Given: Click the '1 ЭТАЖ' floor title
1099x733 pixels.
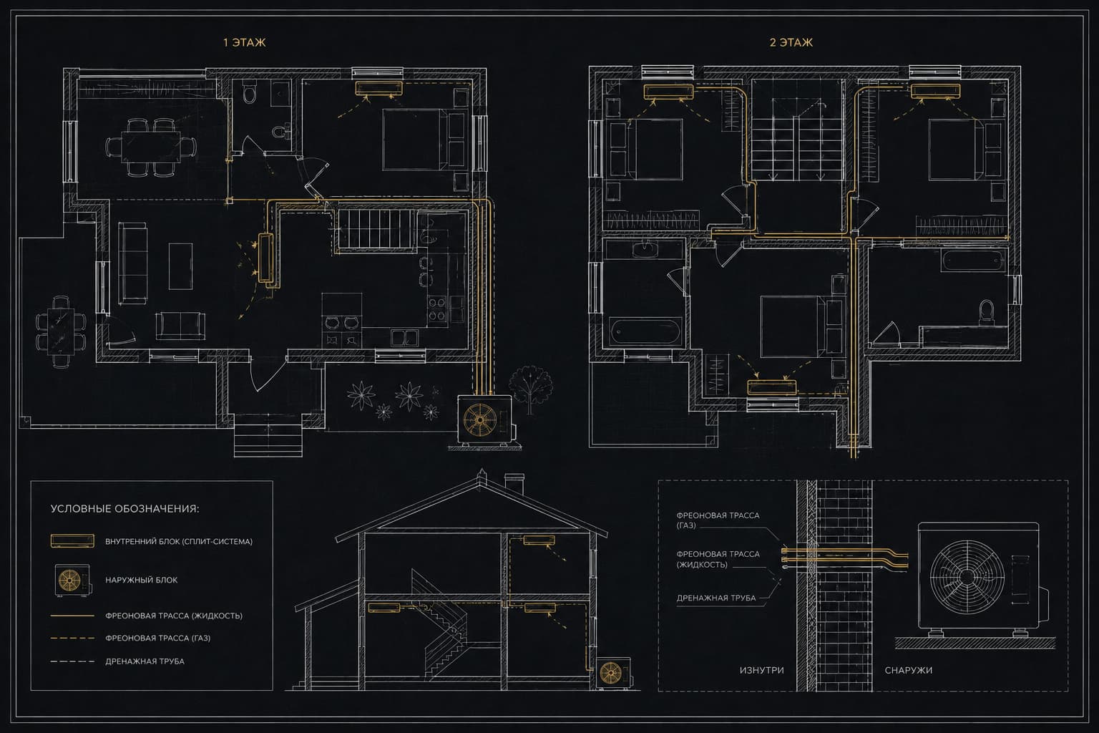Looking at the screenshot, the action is [244, 43].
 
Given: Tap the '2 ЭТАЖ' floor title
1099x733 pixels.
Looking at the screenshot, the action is [791, 43].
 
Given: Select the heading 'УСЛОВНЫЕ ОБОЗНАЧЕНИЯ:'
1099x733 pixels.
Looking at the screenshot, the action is [125, 509].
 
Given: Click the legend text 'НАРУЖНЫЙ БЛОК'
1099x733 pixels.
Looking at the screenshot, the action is [141, 580].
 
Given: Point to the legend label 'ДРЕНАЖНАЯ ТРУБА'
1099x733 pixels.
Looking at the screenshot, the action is [145, 661].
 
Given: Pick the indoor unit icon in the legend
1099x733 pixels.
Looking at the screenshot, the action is [72, 540].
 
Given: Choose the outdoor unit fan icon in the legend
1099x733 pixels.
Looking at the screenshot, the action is [72, 581].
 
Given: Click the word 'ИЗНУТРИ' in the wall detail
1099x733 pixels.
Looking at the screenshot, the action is [761, 670].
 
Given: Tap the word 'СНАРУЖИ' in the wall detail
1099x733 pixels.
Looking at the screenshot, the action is [908, 670].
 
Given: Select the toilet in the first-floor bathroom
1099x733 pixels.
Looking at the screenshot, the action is [250, 92].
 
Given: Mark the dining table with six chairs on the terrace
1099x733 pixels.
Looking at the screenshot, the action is [61, 331].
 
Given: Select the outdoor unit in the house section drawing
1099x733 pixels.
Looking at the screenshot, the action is [613, 673].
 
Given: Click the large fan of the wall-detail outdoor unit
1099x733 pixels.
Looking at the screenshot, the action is [967, 576].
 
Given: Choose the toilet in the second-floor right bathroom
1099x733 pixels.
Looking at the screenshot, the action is [986, 312].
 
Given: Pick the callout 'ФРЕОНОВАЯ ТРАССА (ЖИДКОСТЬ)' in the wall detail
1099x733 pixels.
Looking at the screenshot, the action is [718, 559].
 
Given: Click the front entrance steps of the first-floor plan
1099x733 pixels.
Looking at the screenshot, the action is [268, 435].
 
